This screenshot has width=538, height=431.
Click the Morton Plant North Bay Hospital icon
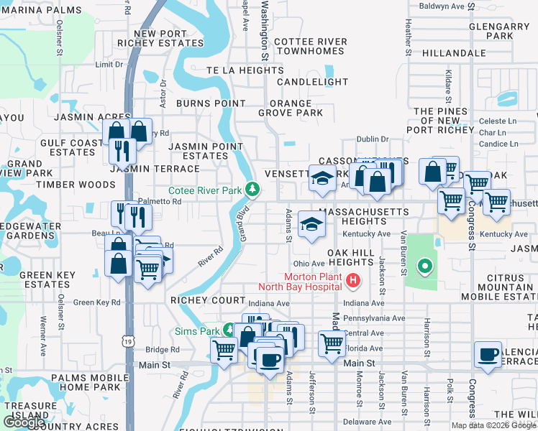(x=353, y=281)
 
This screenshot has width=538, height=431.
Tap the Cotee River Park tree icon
(x=252, y=190)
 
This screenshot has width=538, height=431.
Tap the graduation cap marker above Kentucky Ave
(x=311, y=225)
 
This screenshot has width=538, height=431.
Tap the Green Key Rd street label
(x=97, y=302)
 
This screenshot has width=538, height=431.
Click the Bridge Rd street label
(x=162, y=350)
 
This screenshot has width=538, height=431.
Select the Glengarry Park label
(x=498, y=31)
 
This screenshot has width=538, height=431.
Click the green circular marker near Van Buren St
(x=425, y=268)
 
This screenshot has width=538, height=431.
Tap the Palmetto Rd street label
(x=161, y=202)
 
